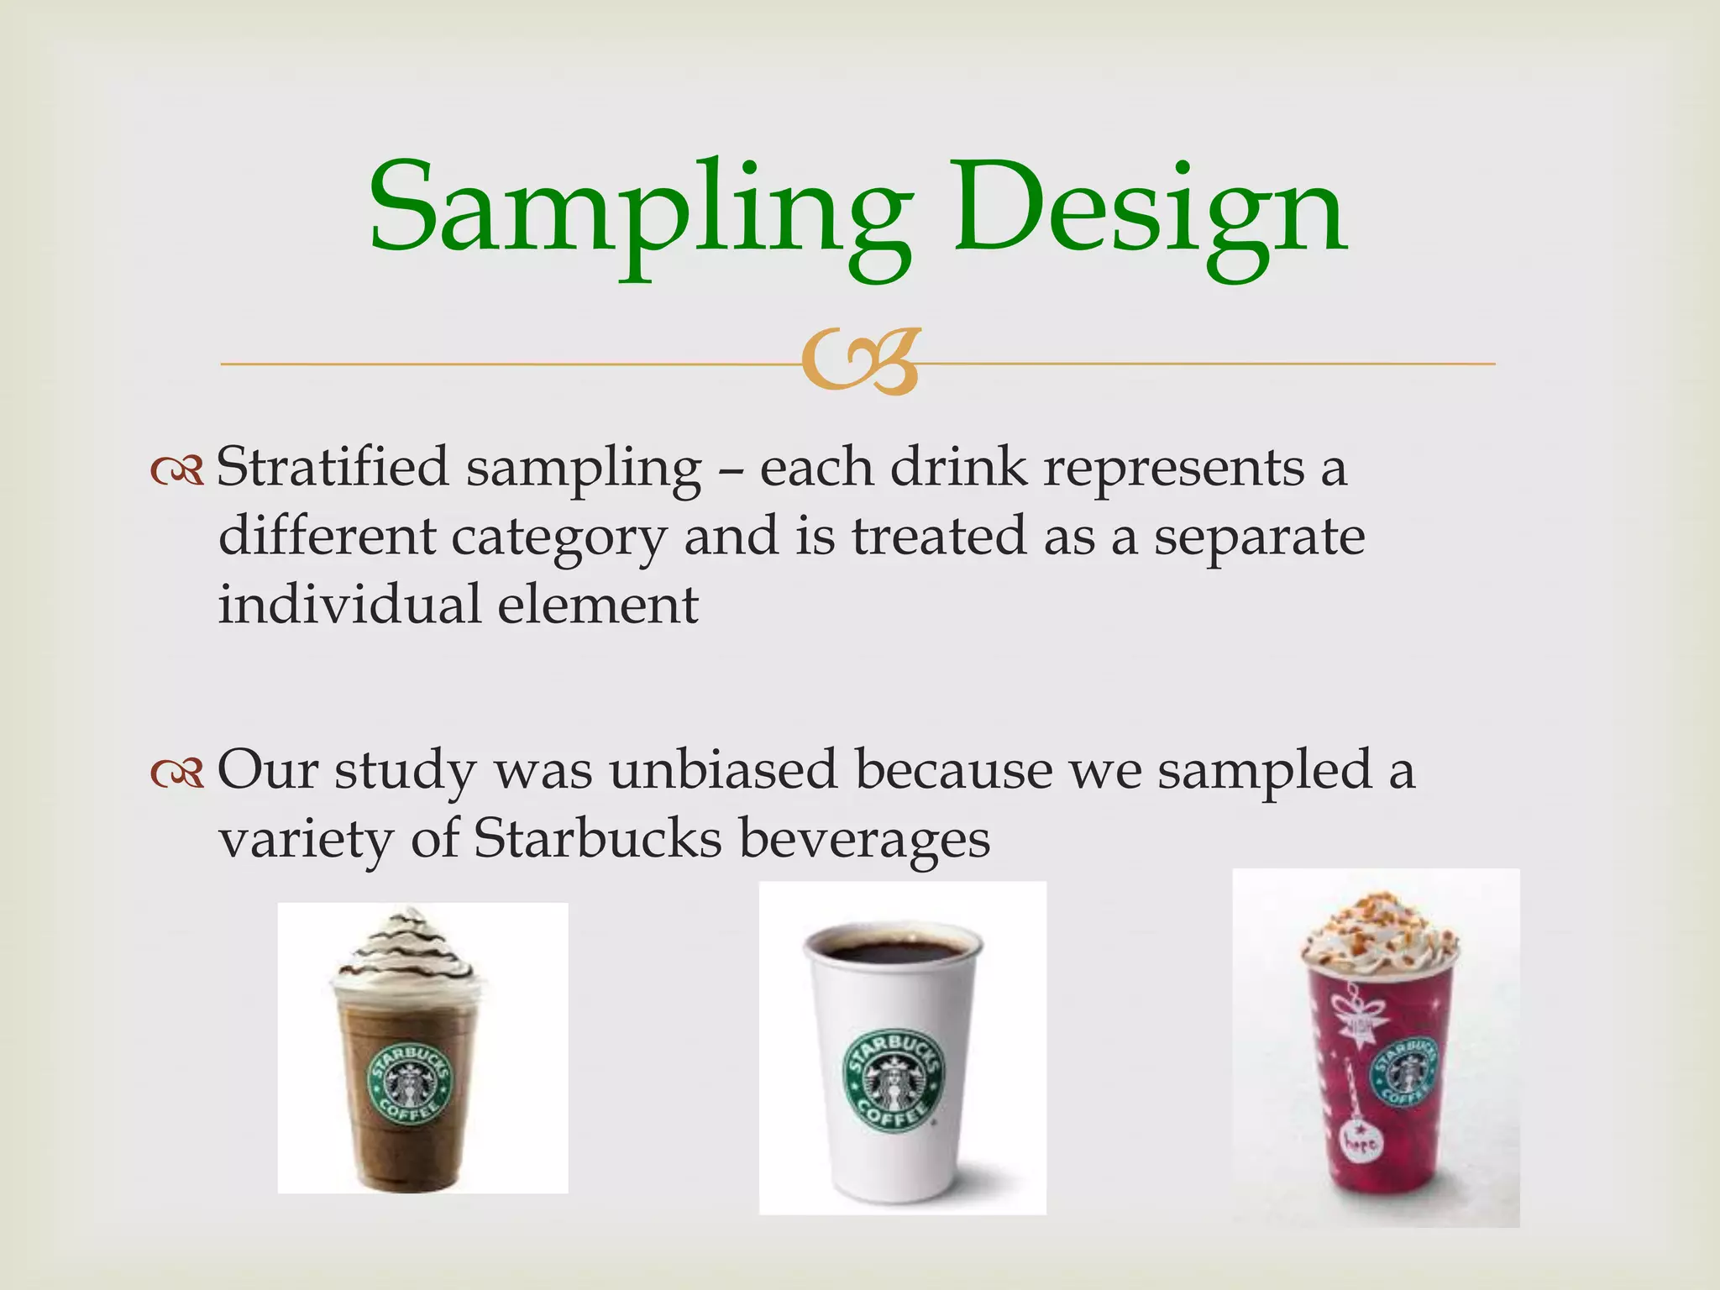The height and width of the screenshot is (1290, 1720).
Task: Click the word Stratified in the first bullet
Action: (x=333, y=467)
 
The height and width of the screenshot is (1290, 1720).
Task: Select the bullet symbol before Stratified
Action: (x=177, y=472)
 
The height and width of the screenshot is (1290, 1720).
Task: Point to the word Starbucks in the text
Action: (x=597, y=838)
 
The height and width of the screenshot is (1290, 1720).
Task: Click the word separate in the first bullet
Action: (x=1259, y=537)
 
